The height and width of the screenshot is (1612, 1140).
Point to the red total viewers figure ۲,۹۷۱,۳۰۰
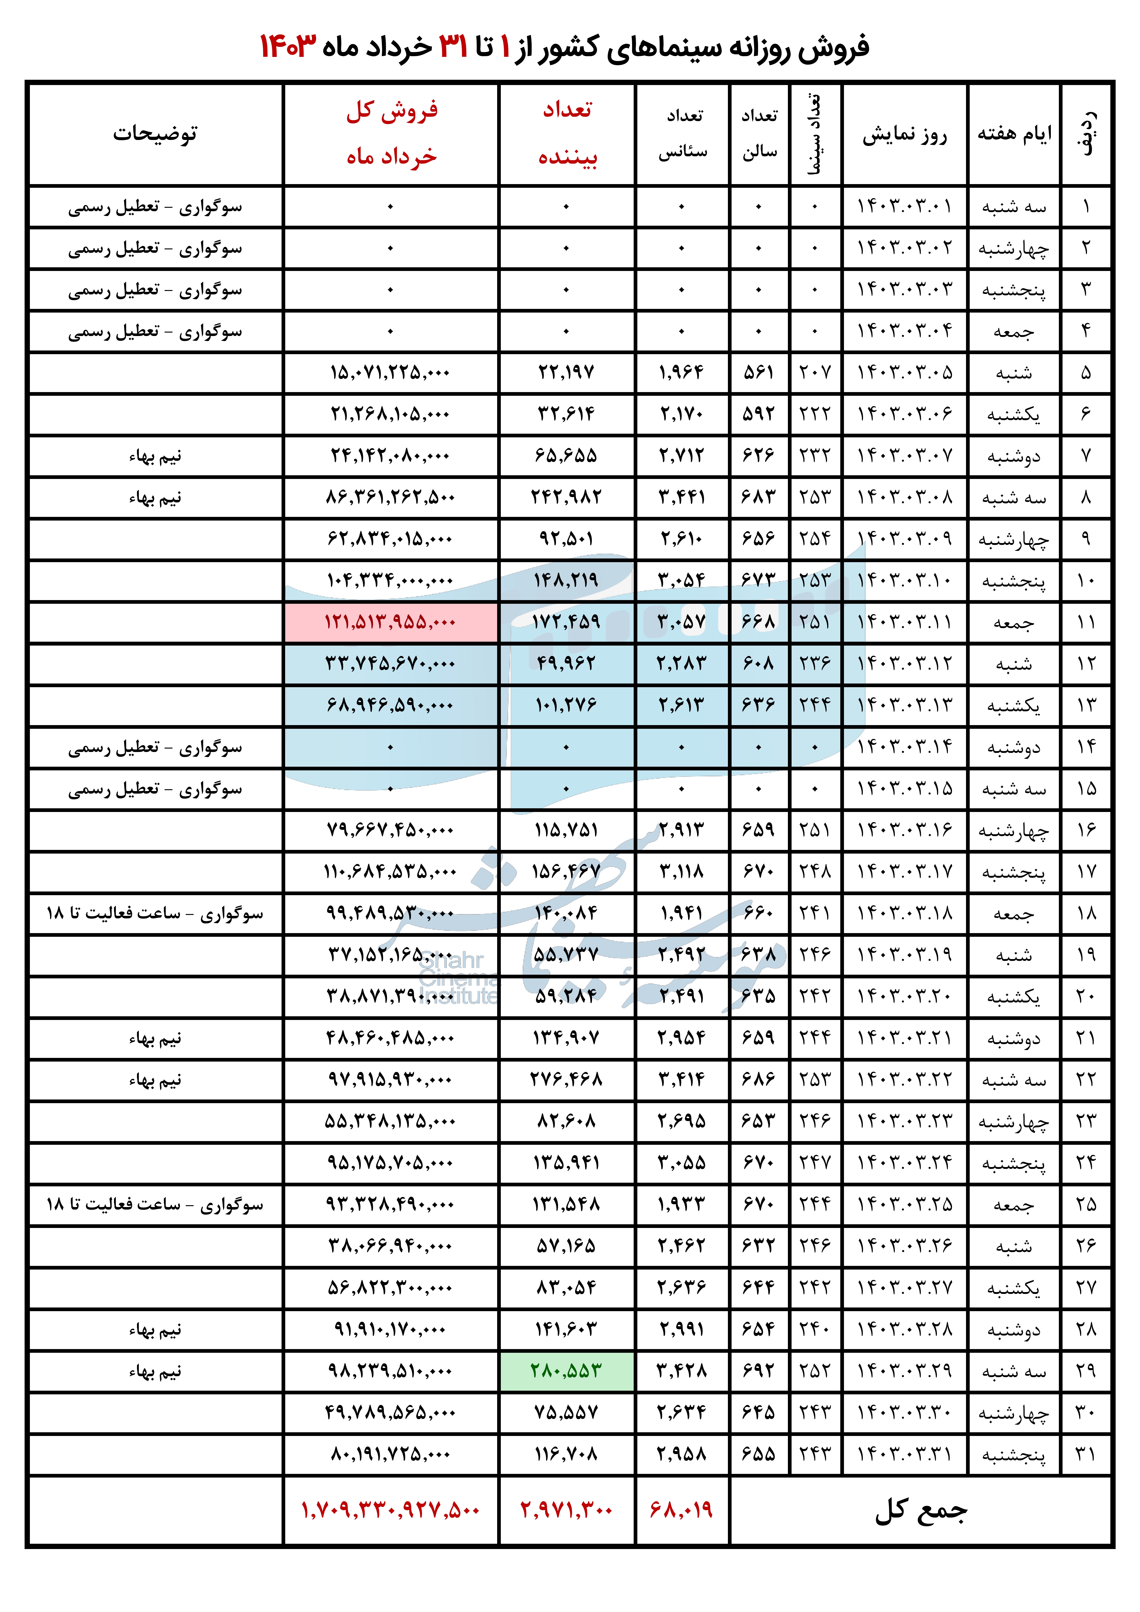coord(567,1509)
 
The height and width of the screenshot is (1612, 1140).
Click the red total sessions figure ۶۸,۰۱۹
coord(681,1509)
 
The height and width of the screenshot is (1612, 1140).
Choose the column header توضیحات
coord(155,133)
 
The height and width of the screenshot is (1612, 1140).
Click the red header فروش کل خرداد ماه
coord(391,133)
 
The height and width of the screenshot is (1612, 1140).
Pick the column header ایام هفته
coord(1014,133)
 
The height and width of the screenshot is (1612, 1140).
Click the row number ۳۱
coord(1086,1453)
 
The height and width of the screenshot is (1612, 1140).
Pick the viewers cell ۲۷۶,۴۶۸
coord(567,1079)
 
